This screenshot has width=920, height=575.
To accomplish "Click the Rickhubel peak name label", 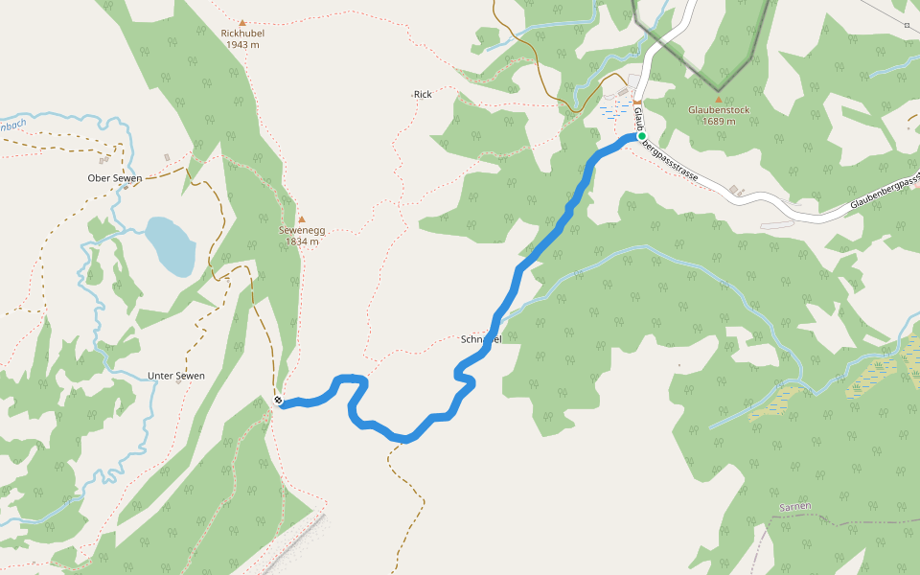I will [x=242, y=33].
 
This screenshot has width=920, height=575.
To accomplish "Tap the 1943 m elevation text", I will [x=242, y=44].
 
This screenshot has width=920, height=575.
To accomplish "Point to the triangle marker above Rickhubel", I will [x=242, y=22].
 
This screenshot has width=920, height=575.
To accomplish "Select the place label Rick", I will [x=423, y=94].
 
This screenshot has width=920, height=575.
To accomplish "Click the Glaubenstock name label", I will [x=719, y=109].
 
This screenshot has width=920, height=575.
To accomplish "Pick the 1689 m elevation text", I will [x=719, y=121].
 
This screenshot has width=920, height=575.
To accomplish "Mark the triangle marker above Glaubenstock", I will [x=719, y=99].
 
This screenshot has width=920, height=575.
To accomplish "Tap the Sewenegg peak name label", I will [x=301, y=230].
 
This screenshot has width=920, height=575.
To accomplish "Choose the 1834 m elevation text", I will [x=301, y=241].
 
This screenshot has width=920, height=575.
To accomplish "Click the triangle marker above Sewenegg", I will [x=301, y=218].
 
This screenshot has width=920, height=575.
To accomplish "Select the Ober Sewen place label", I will [x=115, y=178].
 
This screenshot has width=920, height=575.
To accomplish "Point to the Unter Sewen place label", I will [x=176, y=376].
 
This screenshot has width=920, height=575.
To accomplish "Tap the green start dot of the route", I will [x=641, y=136].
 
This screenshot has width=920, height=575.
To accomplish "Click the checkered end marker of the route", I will [x=278, y=401].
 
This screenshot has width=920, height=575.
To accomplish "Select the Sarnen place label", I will [x=795, y=506].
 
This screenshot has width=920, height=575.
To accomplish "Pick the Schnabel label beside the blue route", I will [x=480, y=339].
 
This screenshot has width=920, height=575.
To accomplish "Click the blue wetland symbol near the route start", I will [x=613, y=111].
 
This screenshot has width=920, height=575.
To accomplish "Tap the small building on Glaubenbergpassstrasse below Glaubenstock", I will [x=736, y=191].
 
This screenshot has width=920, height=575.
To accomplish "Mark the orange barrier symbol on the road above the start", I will [x=636, y=103].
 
